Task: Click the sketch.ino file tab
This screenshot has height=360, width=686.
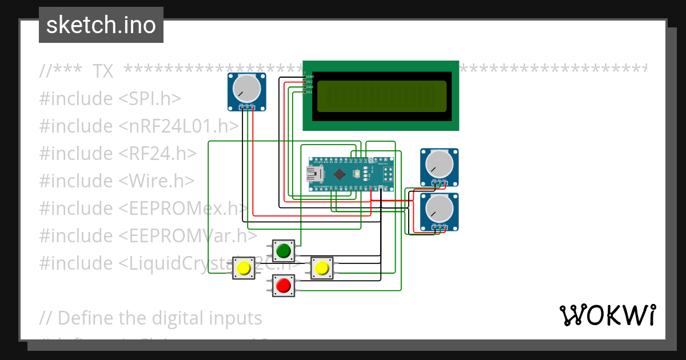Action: pyautogui.click(x=101, y=25)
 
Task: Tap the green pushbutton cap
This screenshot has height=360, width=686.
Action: pyautogui.click(x=284, y=250)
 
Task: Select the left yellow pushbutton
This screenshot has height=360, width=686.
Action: pyautogui.click(x=244, y=268)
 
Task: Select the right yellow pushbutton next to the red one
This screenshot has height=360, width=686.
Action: pyautogui.click(x=322, y=268)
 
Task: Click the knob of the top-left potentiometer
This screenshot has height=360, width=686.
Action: pyautogui.click(x=246, y=87)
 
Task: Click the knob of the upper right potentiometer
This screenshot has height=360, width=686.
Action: pyautogui.click(x=439, y=163)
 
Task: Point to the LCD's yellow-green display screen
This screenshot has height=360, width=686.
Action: pyautogui.click(x=381, y=96)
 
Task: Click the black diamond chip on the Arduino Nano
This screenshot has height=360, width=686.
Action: pyautogui.click(x=340, y=173)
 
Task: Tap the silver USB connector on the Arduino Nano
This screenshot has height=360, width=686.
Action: pyautogui.click(x=314, y=173)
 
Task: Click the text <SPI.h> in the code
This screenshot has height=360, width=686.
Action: pyautogui.click(x=150, y=99)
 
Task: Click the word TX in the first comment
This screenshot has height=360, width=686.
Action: pyautogui.click(x=102, y=71)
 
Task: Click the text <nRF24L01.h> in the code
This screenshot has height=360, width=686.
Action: pyautogui.click(x=178, y=126)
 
